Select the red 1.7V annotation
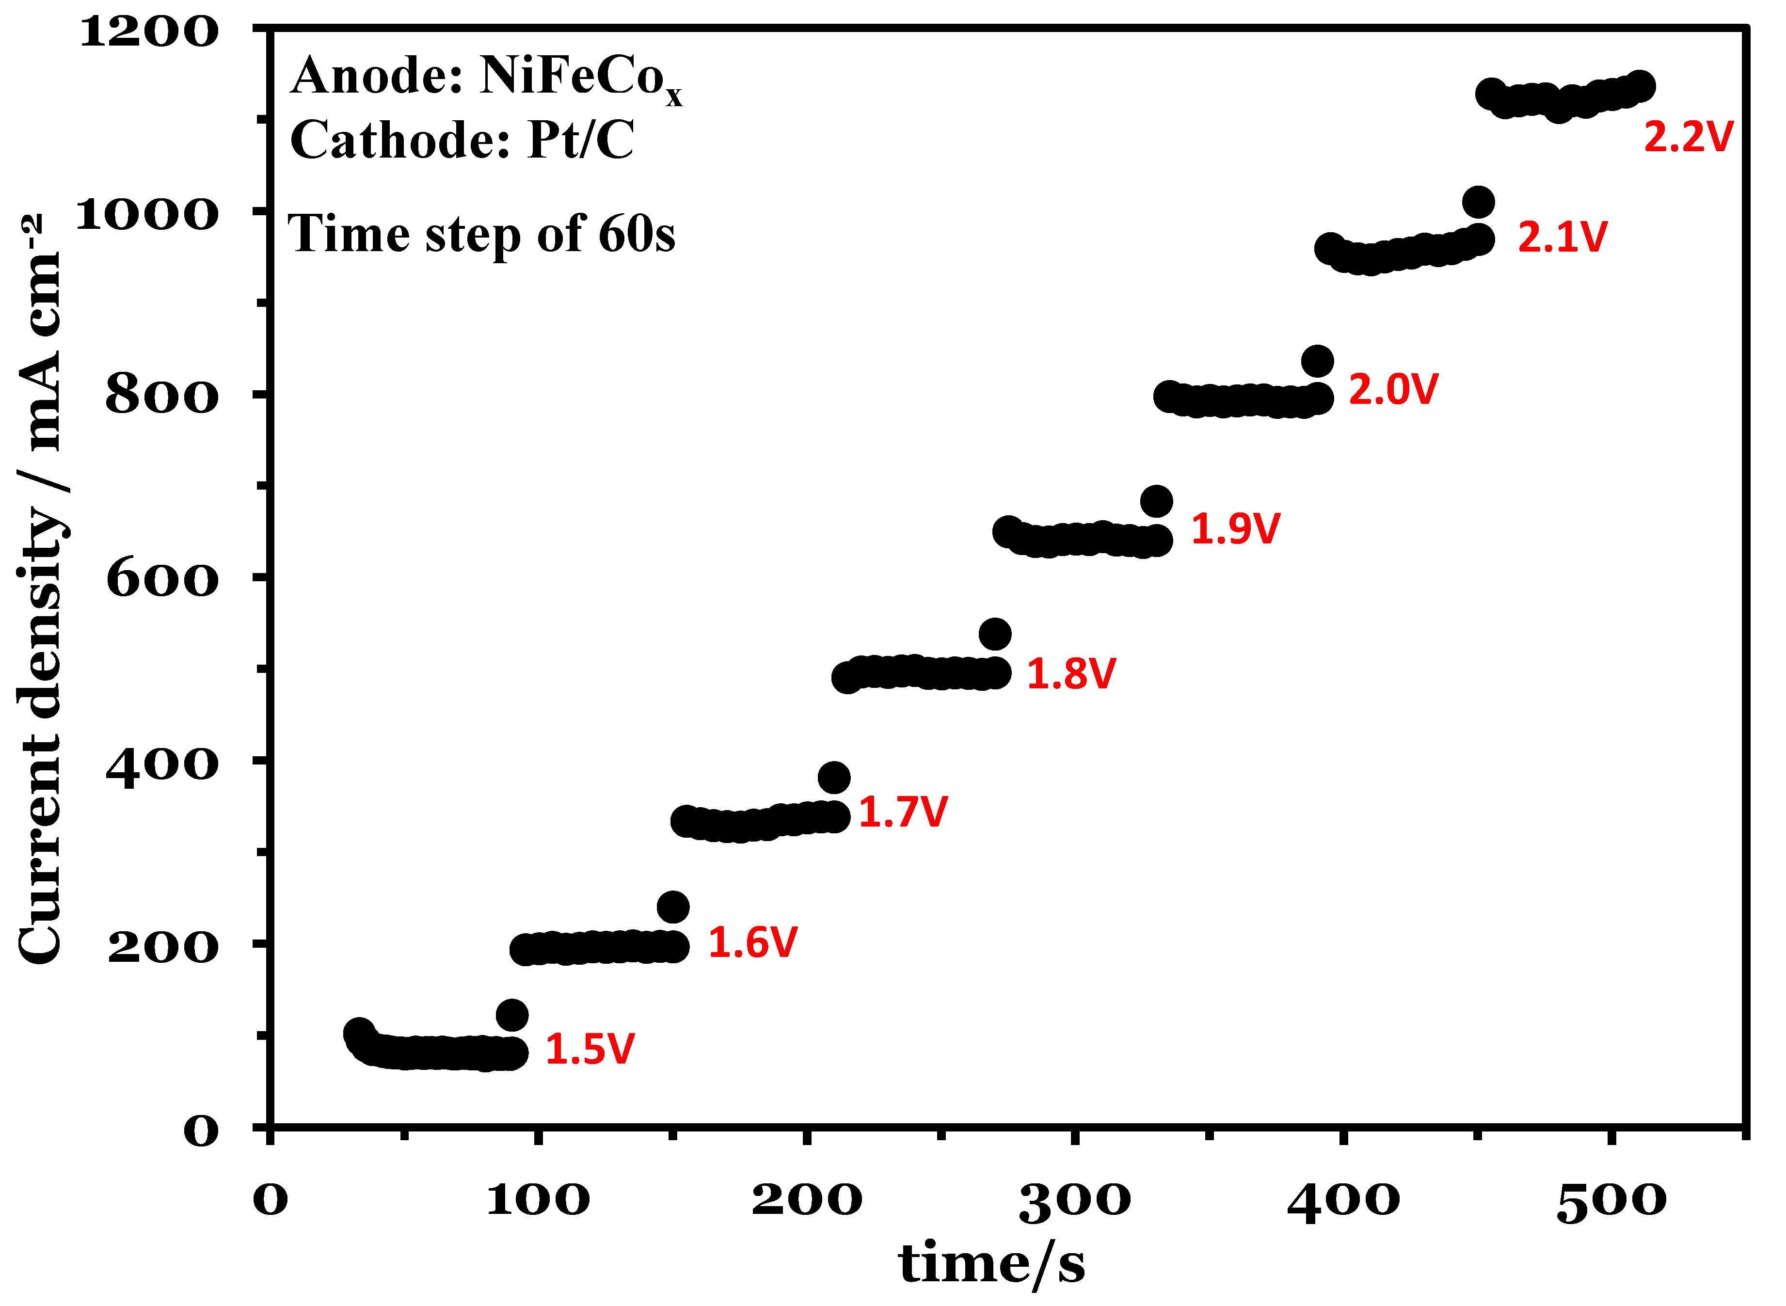[902, 812]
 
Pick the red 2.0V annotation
[1392, 390]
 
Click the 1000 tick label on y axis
[146, 214]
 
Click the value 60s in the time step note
[637, 235]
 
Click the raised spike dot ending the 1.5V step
[512, 1015]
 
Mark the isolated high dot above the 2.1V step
[1478, 202]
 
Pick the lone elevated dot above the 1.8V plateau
[995, 634]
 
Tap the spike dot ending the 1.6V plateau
[673, 907]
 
